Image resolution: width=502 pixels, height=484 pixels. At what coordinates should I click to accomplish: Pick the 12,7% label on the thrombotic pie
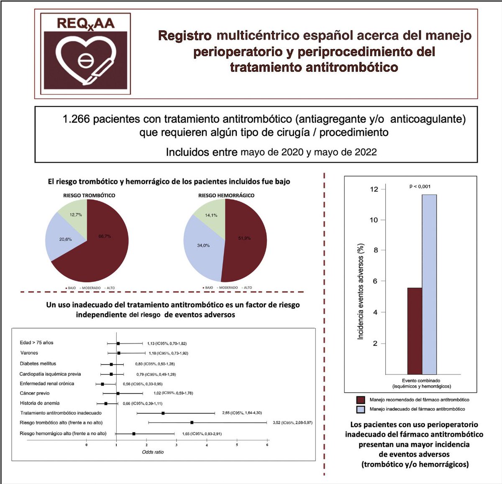coord(76,215)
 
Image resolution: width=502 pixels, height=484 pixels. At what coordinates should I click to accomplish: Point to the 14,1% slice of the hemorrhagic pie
coord(211,215)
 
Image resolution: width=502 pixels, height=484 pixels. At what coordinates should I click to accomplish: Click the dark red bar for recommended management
coord(415,330)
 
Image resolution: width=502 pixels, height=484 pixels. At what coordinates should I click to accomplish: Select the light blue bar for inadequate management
coord(429,284)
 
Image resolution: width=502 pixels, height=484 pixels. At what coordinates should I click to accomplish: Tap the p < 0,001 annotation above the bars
coord(420,186)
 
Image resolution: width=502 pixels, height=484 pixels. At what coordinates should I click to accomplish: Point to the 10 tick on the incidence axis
coord(374,220)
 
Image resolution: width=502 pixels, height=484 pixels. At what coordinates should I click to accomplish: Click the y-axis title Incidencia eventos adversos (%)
coord(361,291)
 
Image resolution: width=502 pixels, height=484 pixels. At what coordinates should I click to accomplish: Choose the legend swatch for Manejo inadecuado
coord(361,409)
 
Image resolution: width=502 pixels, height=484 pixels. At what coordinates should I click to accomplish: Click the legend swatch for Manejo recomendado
coord(361,400)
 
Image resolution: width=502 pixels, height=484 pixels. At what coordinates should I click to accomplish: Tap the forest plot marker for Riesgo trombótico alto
coord(192,423)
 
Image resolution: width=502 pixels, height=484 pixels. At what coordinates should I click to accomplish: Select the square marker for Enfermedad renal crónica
coord(102,384)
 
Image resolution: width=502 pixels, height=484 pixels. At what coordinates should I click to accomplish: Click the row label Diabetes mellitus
coord(38,364)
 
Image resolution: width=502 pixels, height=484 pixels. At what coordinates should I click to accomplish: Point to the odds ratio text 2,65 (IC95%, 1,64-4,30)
coord(242,413)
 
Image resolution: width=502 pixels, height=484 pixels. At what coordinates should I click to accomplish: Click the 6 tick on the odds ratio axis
coord(267,445)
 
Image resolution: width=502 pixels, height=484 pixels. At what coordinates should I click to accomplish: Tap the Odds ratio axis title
coord(153,452)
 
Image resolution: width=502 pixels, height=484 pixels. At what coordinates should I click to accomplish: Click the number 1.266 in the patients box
coord(76,119)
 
